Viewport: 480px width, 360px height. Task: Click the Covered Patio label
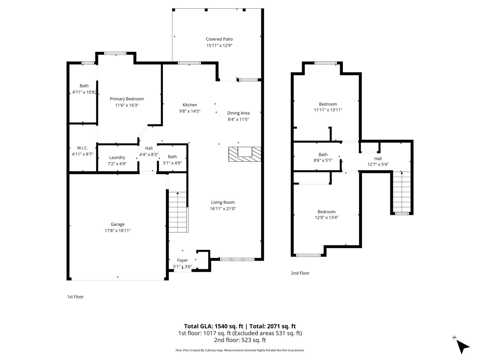tap(219, 39)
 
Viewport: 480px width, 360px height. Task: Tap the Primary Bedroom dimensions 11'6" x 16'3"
tap(127, 105)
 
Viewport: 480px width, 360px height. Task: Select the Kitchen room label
tap(190, 105)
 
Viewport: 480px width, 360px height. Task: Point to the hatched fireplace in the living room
tap(245, 154)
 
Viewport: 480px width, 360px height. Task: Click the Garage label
tap(118, 224)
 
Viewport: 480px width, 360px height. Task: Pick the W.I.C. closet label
tap(82, 148)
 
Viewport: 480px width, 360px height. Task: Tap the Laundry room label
tap(117, 157)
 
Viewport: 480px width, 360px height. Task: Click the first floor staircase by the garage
tap(178, 212)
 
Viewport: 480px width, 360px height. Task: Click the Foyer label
tap(182, 260)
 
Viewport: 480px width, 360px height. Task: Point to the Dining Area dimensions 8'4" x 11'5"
tap(238, 119)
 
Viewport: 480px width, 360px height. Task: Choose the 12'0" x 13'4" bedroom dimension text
tap(327, 217)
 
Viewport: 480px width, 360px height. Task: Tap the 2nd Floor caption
tap(300, 273)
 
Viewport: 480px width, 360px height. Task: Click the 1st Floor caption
tap(75, 297)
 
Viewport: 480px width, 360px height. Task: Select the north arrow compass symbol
tap(463, 346)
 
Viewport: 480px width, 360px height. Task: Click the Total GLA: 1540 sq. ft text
tap(214, 326)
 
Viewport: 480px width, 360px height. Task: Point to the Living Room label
tap(223, 202)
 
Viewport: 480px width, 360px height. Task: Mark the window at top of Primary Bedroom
tap(115, 53)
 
